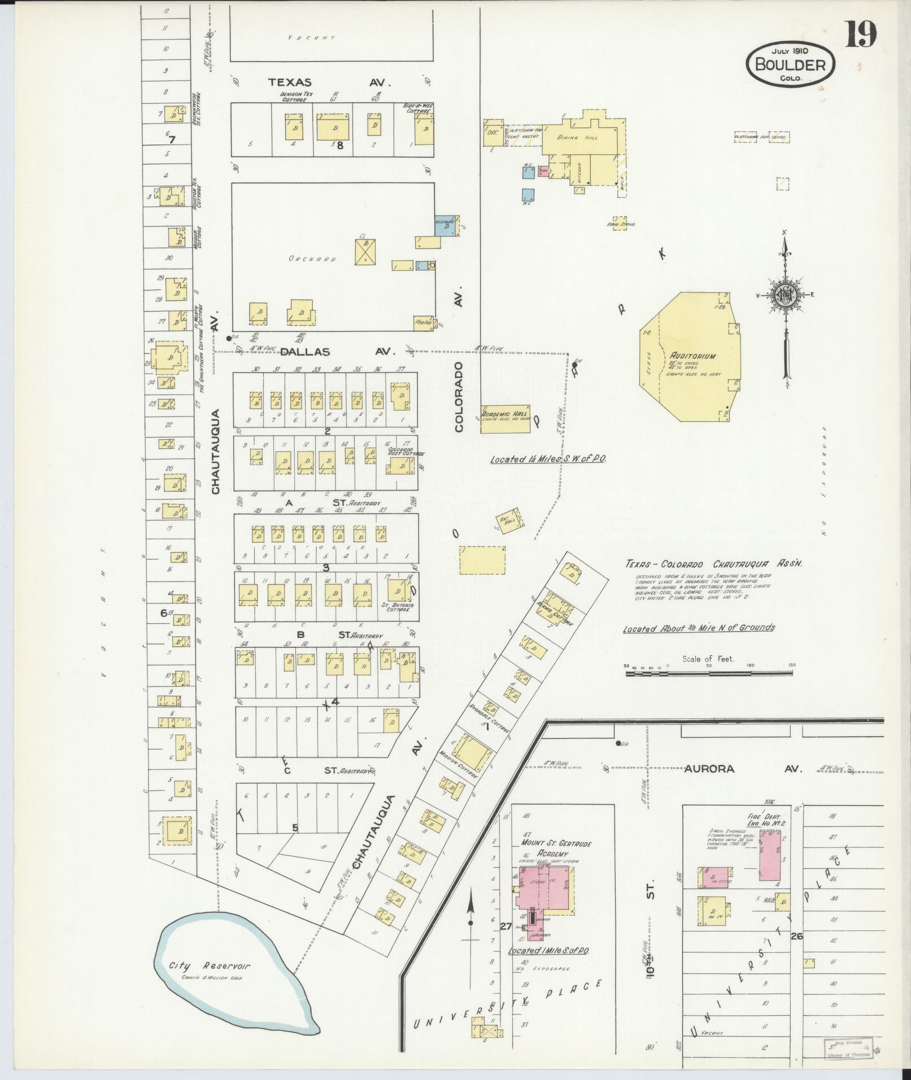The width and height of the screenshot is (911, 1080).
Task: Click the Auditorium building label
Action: point(692,356)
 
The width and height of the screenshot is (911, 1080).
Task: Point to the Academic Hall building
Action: point(504,418)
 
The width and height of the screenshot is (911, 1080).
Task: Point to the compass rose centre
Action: point(784,294)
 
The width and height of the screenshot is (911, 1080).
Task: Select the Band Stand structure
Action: point(620,221)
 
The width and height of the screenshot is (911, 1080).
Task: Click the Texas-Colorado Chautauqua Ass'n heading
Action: point(713,563)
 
